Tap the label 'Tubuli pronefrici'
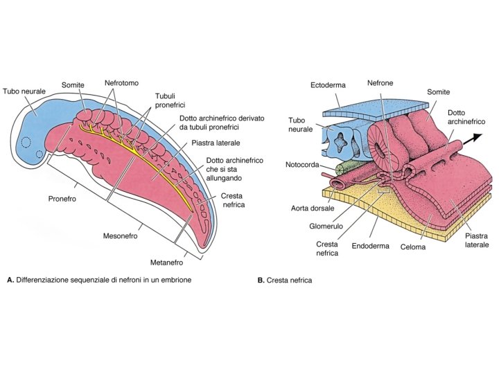166,100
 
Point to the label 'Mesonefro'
119,236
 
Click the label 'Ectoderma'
329,85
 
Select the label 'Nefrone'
380,83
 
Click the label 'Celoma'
413,246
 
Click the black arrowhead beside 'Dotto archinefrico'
479,137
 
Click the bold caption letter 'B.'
261,281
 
